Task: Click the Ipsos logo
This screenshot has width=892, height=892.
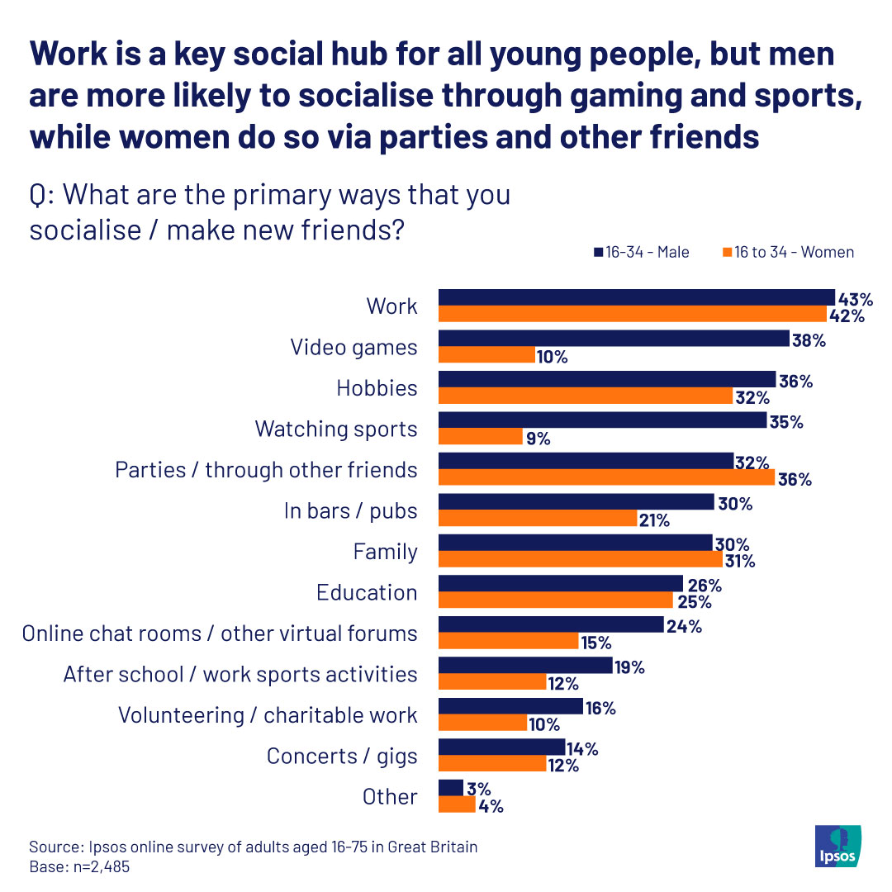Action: pyautogui.click(x=837, y=846)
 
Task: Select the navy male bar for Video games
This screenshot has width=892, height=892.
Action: pyautogui.click(x=614, y=339)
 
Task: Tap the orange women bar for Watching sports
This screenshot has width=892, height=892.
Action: pyautogui.click(x=481, y=436)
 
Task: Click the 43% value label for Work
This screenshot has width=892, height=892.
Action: pyautogui.click(x=856, y=299)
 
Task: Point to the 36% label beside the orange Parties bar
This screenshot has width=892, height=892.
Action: pyautogui.click(x=795, y=480)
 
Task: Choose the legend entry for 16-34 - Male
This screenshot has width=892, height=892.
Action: pyautogui.click(x=642, y=252)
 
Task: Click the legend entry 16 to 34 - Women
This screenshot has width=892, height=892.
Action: pyautogui.click(x=789, y=252)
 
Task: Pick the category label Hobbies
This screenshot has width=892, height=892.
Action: pyautogui.click(x=377, y=388)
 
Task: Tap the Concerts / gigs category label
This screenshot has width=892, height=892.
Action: pyautogui.click(x=342, y=757)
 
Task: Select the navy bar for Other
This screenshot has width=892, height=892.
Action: pyautogui.click(x=451, y=788)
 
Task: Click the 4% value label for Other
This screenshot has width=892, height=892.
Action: pyautogui.click(x=491, y=806)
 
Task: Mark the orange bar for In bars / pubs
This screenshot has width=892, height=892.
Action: pyautogui.click(x=538, y=518)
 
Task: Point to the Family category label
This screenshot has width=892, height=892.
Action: pyautogui.click(x=385, y=553)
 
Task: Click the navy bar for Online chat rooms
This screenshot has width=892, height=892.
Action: pyautogui.click(x=551, y=624)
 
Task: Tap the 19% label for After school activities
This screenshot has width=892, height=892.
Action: pyautogui.click(x=629, y=667)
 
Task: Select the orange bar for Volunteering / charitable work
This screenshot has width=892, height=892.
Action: pyautogui.click(x=483, y=723)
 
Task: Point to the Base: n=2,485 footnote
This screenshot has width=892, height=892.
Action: pyautogui.click(x=79, y=867)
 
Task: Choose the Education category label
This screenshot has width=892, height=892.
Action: pyautogui.click(x=367, y=593)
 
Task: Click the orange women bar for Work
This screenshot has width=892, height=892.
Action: pyautogui.click(x=633, y=314)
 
